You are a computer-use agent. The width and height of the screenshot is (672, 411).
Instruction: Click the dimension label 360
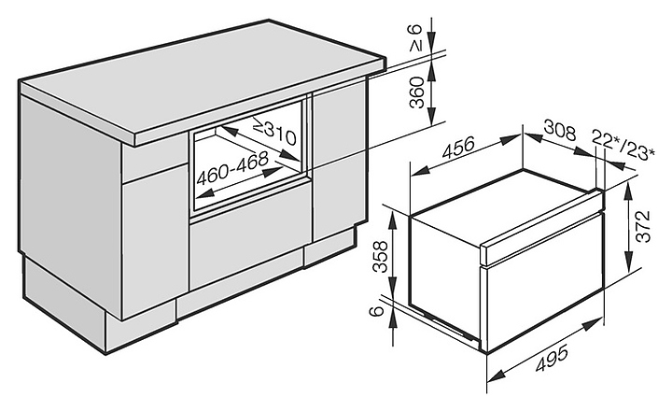click(x=417, y=93)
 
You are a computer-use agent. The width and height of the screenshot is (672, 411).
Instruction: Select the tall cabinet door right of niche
click(x=333, y=173)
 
